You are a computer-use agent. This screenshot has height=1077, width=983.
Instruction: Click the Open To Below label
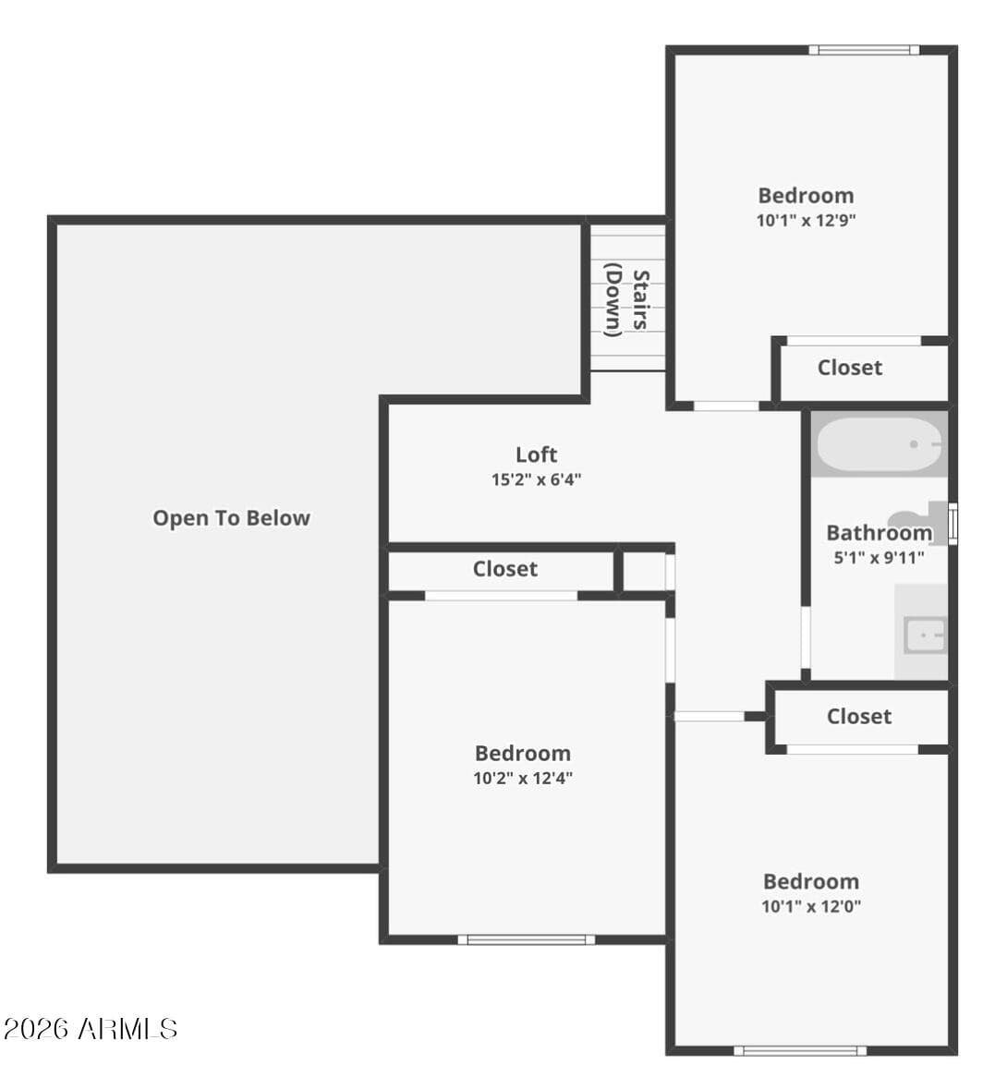[232, 518]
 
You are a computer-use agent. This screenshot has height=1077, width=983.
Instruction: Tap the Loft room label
[537, 454]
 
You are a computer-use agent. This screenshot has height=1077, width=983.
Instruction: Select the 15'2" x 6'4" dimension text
[537, 479]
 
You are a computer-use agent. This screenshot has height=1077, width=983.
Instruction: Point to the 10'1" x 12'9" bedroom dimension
[806, 221]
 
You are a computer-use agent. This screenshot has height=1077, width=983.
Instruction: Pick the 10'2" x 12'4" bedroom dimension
[523, 779]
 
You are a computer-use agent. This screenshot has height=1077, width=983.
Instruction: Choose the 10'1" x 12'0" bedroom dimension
[811, 906]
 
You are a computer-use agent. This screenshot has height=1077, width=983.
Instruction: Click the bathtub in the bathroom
[880, 444]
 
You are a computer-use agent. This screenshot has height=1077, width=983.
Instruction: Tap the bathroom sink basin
[925, 635]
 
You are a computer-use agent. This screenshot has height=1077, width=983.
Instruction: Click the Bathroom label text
[880, 533]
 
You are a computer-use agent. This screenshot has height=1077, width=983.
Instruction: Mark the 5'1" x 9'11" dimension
[880, 558]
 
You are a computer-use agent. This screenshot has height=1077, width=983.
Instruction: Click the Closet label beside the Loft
[504, 569]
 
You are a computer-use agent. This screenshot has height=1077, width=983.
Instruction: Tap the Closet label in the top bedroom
[850, 368]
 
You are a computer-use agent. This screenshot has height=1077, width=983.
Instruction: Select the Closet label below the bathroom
[859, 717]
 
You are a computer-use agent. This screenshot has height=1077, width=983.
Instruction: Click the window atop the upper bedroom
[864, 50]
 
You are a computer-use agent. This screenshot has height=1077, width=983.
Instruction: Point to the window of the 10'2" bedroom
[527, 939]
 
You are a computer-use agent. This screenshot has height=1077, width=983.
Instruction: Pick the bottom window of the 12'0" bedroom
[800, 1051]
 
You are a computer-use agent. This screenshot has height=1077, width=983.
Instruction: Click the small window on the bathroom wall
[953, 524]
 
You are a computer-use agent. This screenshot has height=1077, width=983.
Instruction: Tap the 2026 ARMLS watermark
[90, 1029]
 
